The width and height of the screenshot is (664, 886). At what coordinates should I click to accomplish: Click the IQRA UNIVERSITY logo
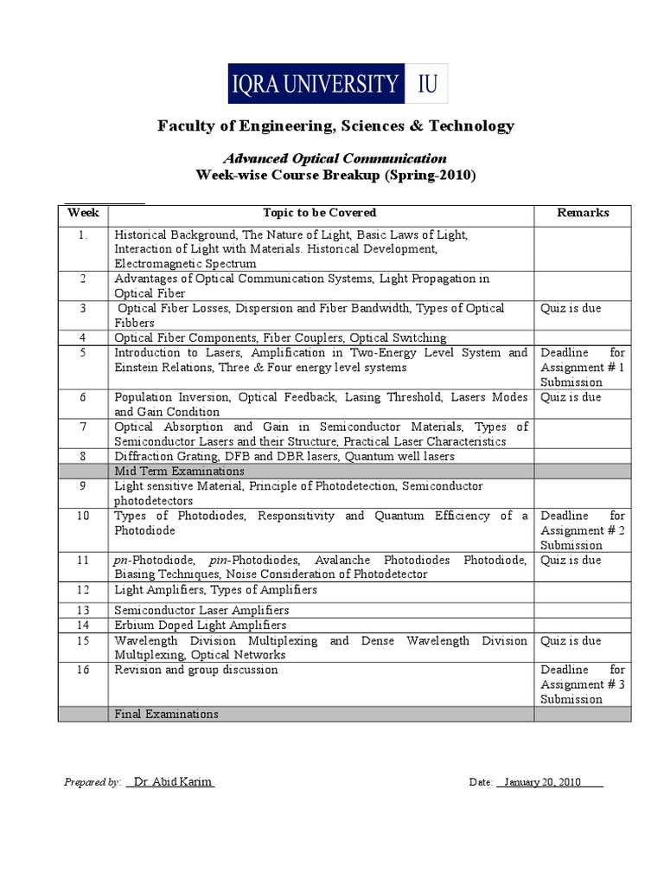tap(338, 83)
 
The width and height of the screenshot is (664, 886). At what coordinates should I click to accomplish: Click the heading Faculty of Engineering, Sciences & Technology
tap(335, 126)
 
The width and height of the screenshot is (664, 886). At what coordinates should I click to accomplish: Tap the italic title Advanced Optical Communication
tap(335, 158)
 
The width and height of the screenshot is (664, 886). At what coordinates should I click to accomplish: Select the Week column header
tap(83, 213)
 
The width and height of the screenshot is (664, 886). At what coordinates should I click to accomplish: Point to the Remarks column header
tap(583, 213)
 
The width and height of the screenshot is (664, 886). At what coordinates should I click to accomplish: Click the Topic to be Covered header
tap(320, 213)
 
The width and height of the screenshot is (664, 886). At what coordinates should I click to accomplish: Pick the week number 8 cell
tap(83, 456)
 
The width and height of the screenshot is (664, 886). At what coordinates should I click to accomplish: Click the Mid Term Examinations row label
tap(179, 472)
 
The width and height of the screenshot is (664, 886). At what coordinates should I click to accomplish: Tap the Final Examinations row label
tap(167, 714)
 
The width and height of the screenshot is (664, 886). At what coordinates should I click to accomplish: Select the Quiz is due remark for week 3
tap(571, 309)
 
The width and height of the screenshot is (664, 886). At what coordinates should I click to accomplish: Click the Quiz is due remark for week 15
tap(571, 641)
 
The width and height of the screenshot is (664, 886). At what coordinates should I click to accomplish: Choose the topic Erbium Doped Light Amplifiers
tap(201, 625)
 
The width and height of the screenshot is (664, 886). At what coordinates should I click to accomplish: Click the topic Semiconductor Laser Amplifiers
tap(201, 610)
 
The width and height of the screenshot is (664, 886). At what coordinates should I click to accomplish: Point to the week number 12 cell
tap(83, 590)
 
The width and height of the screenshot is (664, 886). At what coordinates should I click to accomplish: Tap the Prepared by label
tap(92, 782)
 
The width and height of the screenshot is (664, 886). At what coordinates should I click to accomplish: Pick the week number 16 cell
tap(83, 671)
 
